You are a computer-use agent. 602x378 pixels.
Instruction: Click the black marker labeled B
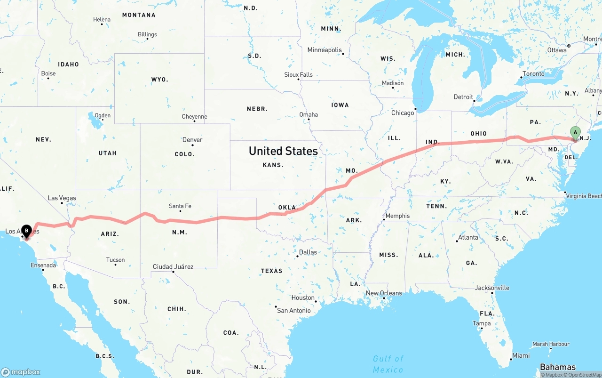(x=27, y=231)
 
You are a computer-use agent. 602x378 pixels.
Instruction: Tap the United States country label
(x=283, y=151)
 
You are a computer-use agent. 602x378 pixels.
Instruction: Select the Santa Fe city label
(x=180, y=206)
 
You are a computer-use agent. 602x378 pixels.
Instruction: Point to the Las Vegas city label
(x=62, y=198)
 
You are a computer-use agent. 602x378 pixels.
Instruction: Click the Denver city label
(x=192, y=140)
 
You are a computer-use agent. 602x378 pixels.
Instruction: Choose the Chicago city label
(x=403, y=113)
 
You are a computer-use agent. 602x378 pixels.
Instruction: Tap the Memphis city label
(x=397, y=216)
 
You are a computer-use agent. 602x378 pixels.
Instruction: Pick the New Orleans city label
(x=384, y=293)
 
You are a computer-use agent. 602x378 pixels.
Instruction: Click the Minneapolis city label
(x=325, y=50)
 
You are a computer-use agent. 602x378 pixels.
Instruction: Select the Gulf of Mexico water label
(x=388, y=364)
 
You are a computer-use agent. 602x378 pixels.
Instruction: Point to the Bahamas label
(x=558, y=367)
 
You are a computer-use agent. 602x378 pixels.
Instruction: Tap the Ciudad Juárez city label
(x=173, y=267)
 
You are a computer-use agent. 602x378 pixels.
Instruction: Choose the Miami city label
(x=521, y=356)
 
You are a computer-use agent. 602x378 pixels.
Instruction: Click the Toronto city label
(x=533, y=74)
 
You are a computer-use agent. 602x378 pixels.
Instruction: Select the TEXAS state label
(x=272, y=271)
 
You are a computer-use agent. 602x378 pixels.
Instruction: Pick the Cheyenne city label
(x=195, y=117)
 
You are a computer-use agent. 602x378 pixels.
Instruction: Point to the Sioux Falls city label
(x=298, y=75)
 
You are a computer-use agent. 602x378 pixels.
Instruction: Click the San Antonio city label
(x=294, y=311)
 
